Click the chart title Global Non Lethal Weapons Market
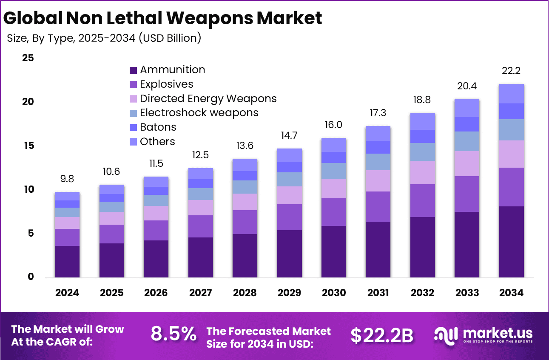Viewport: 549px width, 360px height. (x=162, y=18)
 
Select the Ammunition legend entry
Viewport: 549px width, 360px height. (x=172, y=70)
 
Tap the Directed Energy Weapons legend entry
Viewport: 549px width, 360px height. (x=208, y=99)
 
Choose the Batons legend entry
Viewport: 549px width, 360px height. (x=158, y=127)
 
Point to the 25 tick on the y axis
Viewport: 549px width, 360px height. (x=28, y=58)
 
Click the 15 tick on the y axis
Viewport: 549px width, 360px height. (x=28, y=146)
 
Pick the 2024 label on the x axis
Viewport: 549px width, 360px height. (x=67, y=293)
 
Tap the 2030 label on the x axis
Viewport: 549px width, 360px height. (x=334, y=293)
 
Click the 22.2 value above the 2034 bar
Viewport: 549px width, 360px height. (x=511, y=71)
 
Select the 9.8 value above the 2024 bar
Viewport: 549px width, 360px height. (x=67, y=179)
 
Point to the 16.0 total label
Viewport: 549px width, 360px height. (x=334, y=125)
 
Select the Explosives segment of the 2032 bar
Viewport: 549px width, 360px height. (x=422, y=200)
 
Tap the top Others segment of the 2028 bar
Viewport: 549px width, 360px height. (x=245, y=165)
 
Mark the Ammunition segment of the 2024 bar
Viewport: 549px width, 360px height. (x=67, y=261)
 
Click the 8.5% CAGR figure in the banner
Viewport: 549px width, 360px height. (x=174, y=334)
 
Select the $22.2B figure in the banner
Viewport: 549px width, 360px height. (x=382, y=335)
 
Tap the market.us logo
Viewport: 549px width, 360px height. (x=483, y=334)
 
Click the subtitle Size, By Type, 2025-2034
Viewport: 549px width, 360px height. (x=104, y=38)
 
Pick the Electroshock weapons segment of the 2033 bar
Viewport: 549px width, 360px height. (x=467, y=141)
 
